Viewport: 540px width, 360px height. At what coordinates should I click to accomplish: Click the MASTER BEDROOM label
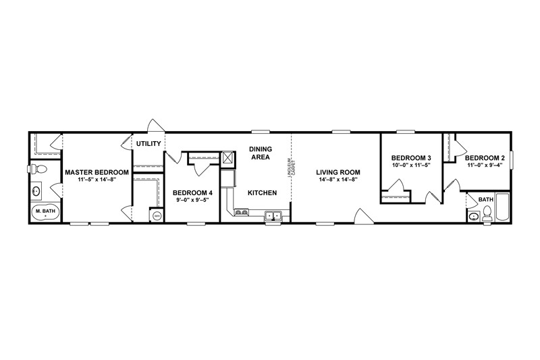[97, 172]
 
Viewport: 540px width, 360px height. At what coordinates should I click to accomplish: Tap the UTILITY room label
[148, 144]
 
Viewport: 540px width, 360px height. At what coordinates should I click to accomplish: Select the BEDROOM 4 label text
[192, 192]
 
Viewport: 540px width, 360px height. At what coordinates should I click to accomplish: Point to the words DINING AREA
[259, 153]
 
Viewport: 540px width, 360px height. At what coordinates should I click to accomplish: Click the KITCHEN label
[262, 192]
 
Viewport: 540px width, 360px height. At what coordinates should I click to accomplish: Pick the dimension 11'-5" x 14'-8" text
[97, 180]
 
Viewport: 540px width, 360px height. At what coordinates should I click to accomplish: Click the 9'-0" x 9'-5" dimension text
[192, 201]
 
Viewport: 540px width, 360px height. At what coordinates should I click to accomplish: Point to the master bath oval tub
[45, 212]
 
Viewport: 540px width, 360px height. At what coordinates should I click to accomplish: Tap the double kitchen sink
[273, 216]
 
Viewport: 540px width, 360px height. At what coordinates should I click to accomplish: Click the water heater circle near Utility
[157, 215]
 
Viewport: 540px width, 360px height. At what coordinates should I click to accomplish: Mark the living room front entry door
[362, 215]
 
